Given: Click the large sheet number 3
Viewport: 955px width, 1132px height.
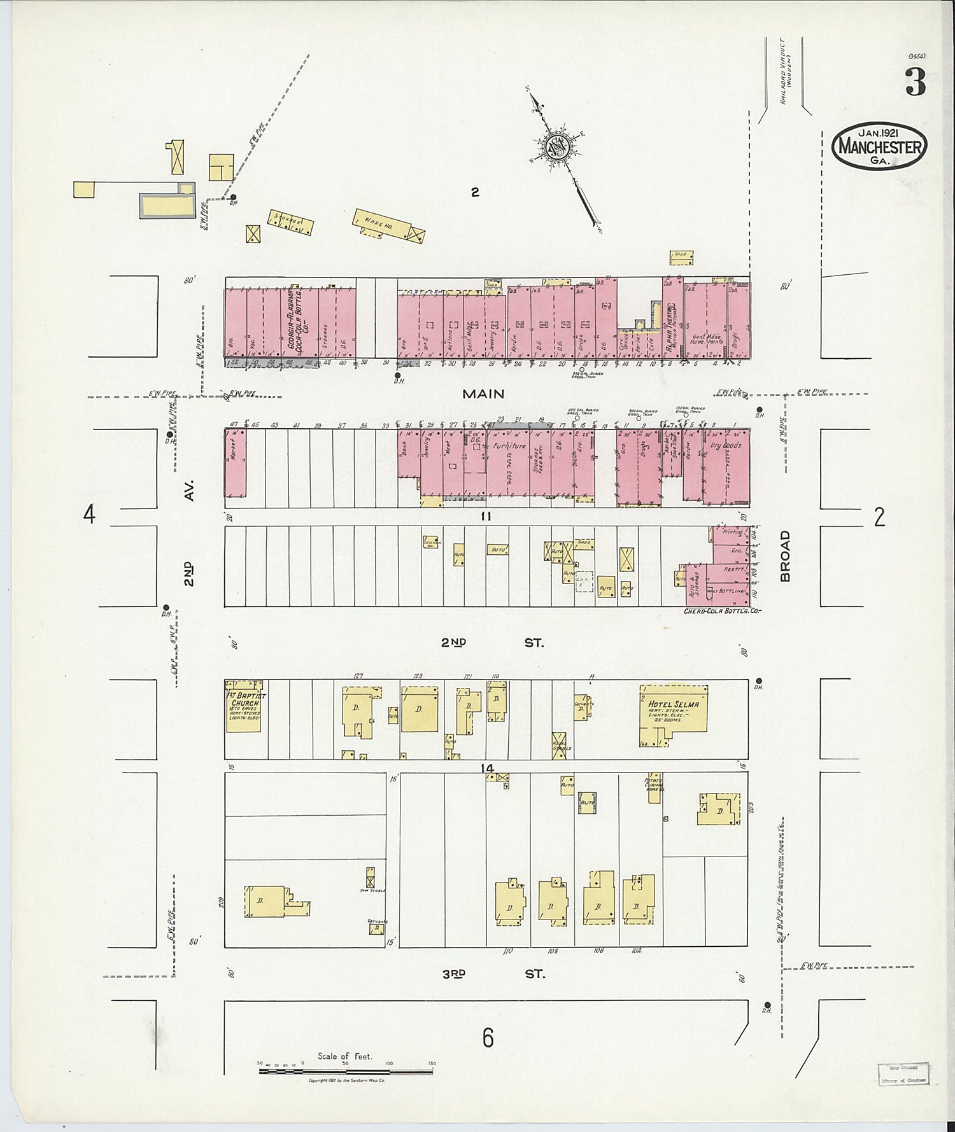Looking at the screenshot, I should point(915,83).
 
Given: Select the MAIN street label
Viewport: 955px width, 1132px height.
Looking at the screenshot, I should point(483,394).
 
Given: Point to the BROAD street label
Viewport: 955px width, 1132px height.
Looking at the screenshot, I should point(785,556).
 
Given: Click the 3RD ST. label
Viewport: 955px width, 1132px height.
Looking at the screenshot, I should point(493,974).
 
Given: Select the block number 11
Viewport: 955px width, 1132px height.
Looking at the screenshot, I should point(486,517).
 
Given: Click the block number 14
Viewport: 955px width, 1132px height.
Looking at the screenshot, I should point(488,769).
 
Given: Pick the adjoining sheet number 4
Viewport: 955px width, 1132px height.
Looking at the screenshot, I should point(89,514).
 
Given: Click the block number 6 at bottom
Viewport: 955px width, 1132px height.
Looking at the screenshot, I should point(487,1038).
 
